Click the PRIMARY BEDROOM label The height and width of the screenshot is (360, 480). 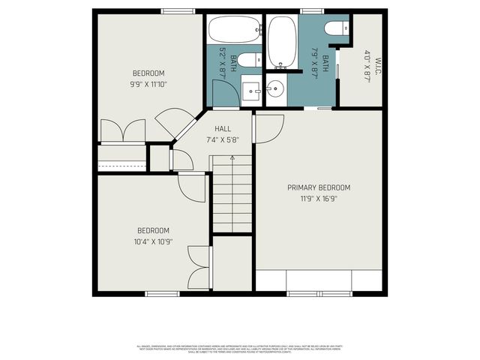pos(319,187)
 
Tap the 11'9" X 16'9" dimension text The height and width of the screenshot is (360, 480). pos(319,199)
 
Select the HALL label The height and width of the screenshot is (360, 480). pos(223,129)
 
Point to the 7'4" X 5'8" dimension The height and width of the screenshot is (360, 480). pos(223,139)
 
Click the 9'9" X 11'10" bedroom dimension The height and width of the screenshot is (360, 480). pos(148,85)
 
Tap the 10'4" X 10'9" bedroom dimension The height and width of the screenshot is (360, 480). pos(152,241)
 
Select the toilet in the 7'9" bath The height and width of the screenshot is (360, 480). pos(335,28)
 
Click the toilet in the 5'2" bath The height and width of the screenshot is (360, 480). pos(252,59)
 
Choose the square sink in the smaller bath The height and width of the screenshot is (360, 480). pos(252,91)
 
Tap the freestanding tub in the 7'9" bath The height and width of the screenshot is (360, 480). pos(282,42)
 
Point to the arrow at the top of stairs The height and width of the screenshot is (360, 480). pos(232,159)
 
